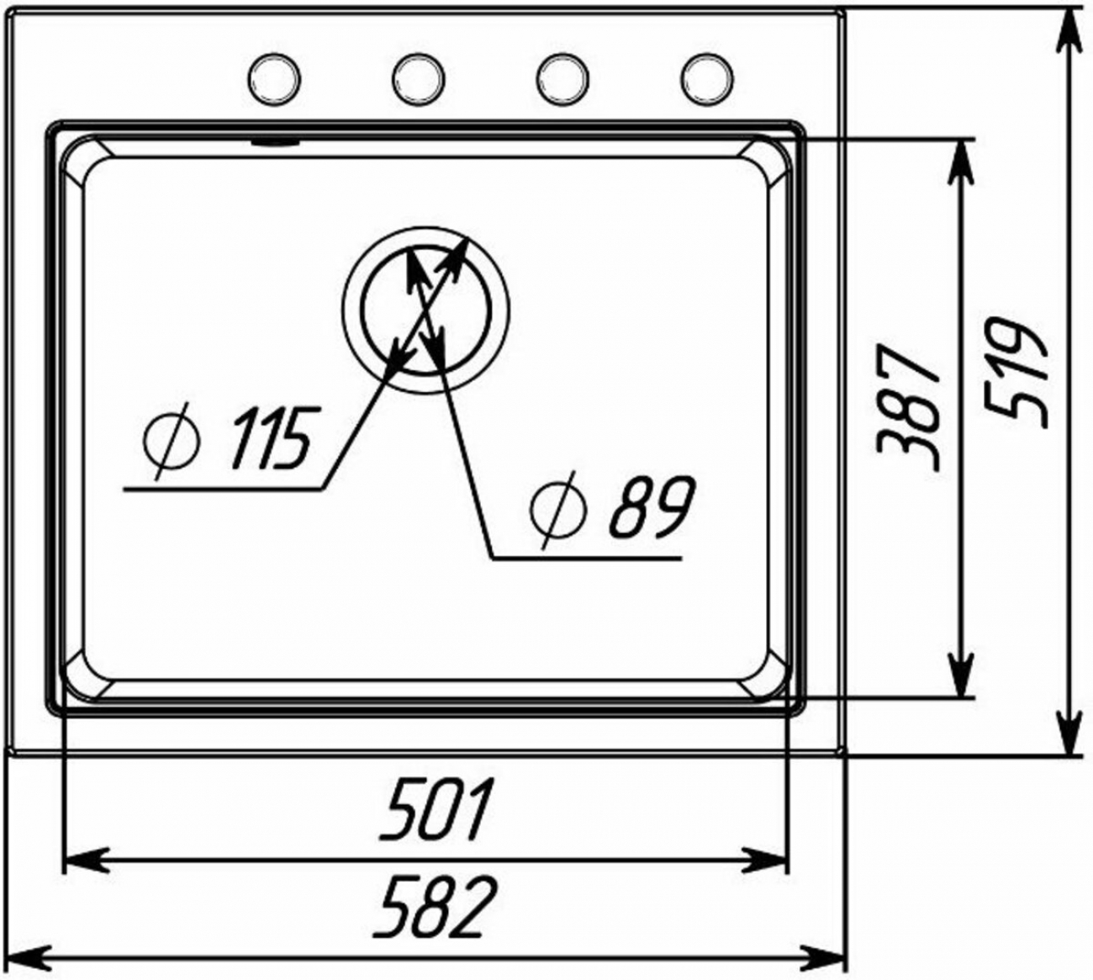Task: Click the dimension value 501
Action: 436,809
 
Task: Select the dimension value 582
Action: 435,908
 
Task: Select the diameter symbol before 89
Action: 557,510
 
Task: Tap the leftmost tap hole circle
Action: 274,79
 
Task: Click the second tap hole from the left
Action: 419,79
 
